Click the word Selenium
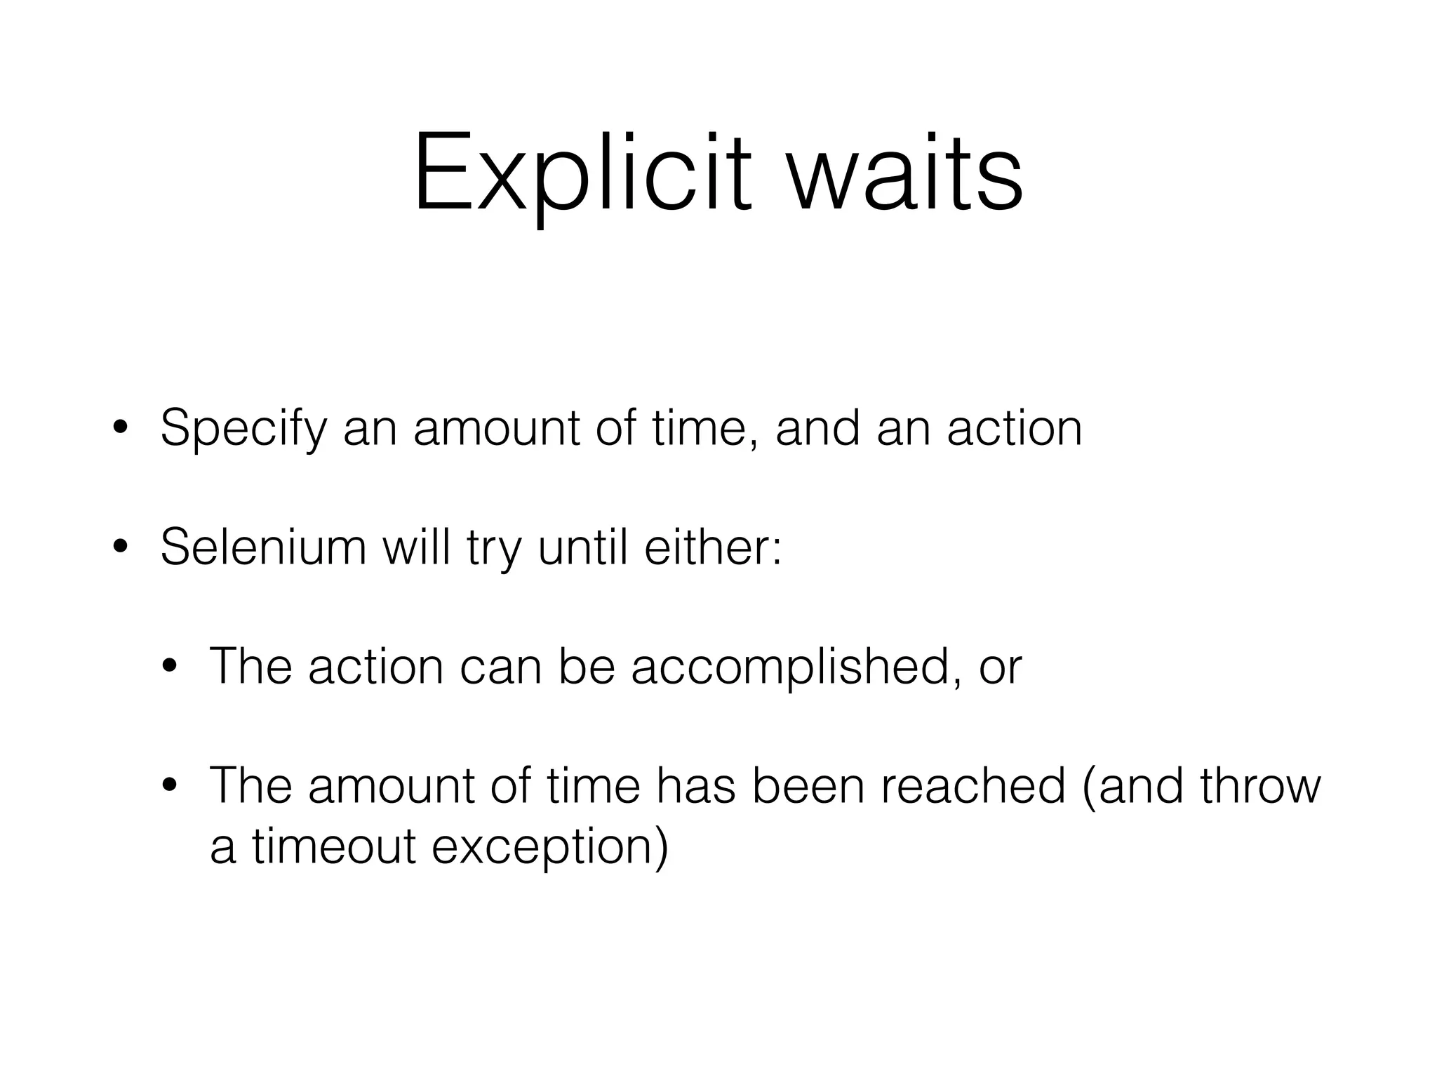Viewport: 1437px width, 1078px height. click(263, 547)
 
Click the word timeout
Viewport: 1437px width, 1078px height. click(334, 846)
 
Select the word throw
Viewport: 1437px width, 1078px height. click(1260, 786)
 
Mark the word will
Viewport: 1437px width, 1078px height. click(416, 547)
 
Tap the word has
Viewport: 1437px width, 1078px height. click(695, 786)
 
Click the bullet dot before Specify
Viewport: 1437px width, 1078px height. click(120, 429)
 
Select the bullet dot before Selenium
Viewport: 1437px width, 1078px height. click(120, 547)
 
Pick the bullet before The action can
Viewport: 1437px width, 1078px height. click(169, 667)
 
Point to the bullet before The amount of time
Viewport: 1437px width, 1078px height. click(169, 786)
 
